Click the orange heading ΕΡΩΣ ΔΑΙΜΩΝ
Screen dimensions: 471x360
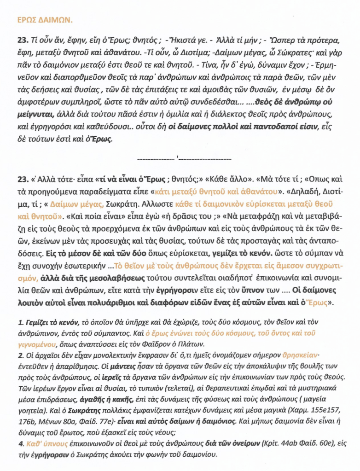tap(44, 21)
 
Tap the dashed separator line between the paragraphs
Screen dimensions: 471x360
tap(184, 158)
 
